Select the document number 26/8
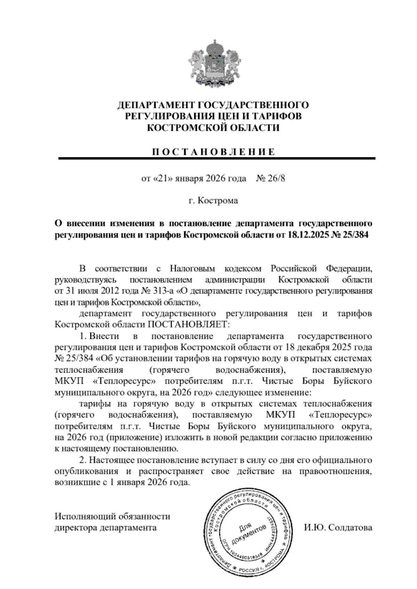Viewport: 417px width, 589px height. pyautogui.click(x=277, y=179)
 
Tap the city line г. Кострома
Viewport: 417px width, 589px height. pyautogui.click(x=213, y=201)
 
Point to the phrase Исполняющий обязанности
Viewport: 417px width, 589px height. pyautogui.click(x=113, y=516)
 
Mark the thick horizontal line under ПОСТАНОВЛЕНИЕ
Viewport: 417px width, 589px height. pyautogui.click(x=217, y=159)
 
